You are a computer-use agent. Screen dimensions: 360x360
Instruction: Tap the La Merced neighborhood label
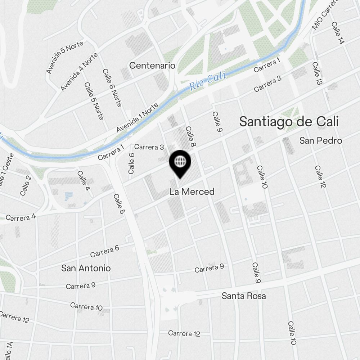[192, 192]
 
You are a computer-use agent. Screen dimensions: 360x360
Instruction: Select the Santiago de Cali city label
[289, 122]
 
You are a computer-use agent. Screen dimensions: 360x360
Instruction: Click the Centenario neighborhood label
[152, 66]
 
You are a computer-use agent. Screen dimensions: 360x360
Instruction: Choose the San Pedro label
[320, 140]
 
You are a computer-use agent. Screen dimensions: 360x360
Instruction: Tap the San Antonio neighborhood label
[86, 268]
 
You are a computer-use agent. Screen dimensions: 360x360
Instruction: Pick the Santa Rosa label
[244, 296]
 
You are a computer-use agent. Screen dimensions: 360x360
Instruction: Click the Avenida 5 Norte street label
[65, 57]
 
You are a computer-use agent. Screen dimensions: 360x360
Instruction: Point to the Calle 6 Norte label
[112, 88]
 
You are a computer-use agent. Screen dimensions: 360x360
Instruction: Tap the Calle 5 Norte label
[94, 101]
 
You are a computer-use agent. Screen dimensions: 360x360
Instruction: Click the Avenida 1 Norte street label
[137, 118]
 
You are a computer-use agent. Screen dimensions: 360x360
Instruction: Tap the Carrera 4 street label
[21, 217]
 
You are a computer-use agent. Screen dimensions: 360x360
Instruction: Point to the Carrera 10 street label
[86, 306]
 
